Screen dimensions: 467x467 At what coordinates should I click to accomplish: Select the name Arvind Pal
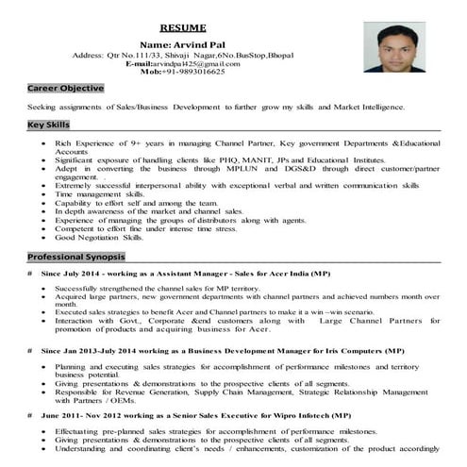pyautogui.click(x=183, y=44)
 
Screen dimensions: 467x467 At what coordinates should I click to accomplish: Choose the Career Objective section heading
pyautogui.click(x=65, y=88)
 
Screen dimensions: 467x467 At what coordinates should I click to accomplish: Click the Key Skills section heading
pyautogui.click(x=49, y=125)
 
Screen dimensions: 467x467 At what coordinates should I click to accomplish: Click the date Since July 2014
pyautogui.click(x=76, y=274)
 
